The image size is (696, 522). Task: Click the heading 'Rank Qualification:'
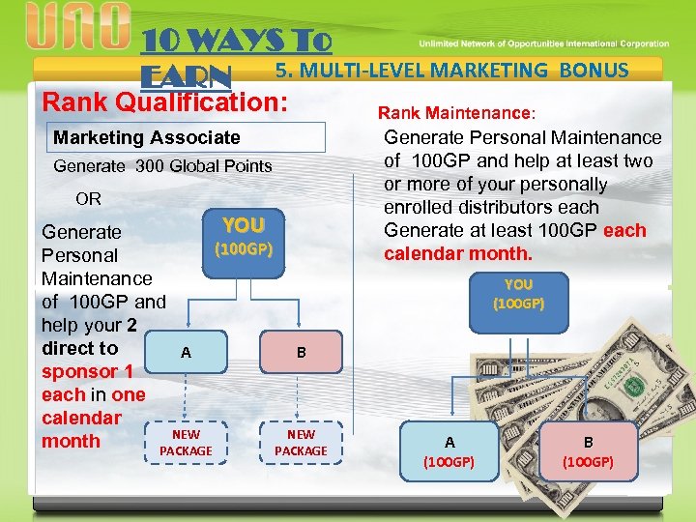pos(166,101)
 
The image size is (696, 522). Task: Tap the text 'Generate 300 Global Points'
pos(162,166)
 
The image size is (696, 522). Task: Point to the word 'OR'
pos(88,199)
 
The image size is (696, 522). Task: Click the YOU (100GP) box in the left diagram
pos(244,237)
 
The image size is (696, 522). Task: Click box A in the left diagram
pos(186,353)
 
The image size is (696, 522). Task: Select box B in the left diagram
pos(302,353)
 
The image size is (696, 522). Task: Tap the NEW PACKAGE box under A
pos(186,443)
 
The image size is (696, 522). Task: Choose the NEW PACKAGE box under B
pos(302,443)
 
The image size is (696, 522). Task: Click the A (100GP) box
pos(449,451)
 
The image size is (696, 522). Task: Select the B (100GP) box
pos(588,451)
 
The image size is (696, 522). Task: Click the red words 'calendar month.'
pos(457,253)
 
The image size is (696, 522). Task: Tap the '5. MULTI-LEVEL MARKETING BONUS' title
pos(451,70)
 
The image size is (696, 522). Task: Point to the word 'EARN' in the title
pos(187,76)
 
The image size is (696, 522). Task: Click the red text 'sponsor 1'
pos(87,371)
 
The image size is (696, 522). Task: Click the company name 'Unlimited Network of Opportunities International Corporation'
pos(543,43)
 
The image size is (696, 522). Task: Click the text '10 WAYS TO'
pos(237,42)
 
